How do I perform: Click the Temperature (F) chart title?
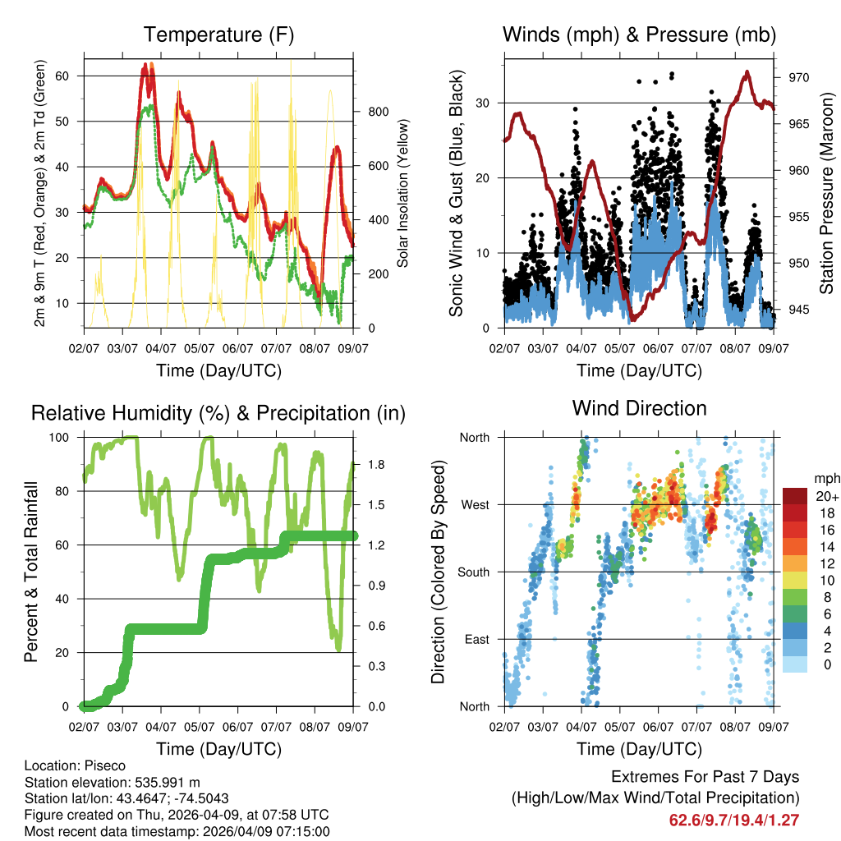pos(218,34)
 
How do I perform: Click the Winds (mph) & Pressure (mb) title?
pos(639,34)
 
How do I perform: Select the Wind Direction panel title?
pos(639,408)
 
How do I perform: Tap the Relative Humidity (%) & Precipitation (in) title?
pos(218,413)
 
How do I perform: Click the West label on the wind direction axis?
pos(475,505)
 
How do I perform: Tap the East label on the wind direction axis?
pos(476,640)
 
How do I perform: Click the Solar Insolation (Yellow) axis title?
pos(403,193)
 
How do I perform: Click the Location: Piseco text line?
pos(76,766)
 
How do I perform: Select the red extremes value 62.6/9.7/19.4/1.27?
pos(733,820)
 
